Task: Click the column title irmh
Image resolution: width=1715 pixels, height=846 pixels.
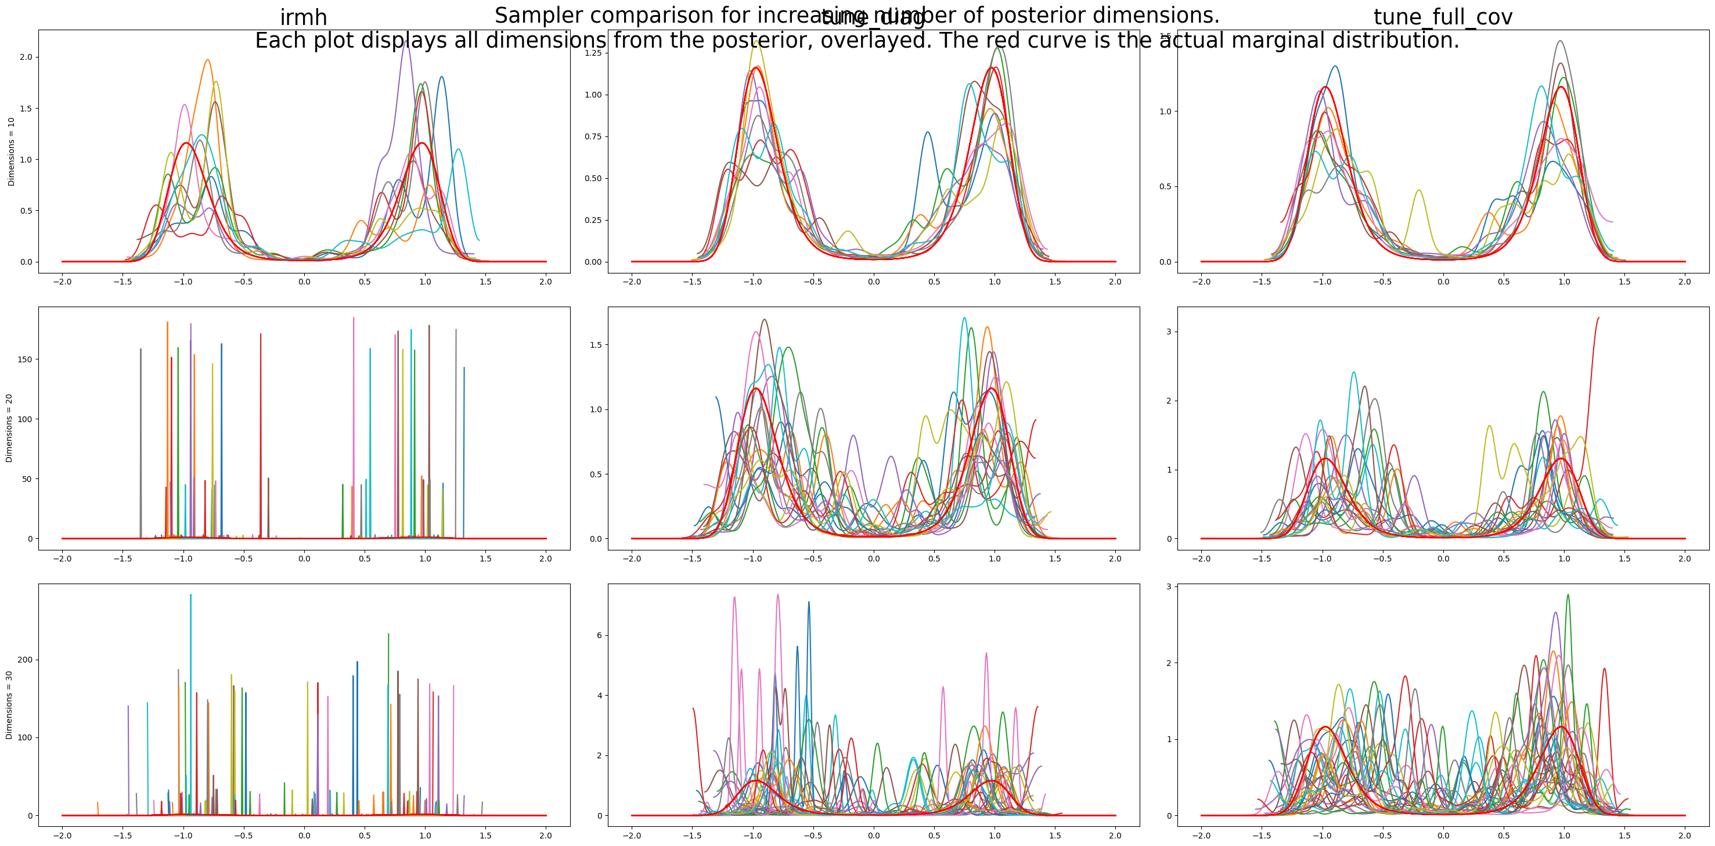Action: pyautogui.click(x=303, y=17)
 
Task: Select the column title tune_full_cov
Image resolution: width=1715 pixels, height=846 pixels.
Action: pyautogui.click(x=1443, y=17)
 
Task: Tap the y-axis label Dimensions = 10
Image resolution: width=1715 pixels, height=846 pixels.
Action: pyautogui.click(x=11, y=152)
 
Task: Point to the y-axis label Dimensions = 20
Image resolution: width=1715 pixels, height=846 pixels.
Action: pyautogui.click(x=9, y=428)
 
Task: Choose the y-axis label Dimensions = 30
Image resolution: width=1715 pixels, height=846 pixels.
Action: pyautogui.click(x=9, y=705)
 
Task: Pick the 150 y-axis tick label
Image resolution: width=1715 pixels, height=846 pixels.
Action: pyautogui.click(x=24, y=359)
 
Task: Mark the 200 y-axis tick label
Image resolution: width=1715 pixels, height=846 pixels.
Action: pyautogui.click(x=24, y=660)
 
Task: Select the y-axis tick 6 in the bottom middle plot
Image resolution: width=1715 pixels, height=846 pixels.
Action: pyautogui.click(x=599, y=636)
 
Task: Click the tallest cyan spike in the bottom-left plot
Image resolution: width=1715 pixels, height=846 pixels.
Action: pyautogui.click(x=190, y=596)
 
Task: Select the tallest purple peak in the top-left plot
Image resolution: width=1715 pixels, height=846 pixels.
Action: pyautogui.click(x=406, y=41)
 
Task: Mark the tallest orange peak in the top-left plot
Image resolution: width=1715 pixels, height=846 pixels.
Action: pyautogui.click(x=208, y=60)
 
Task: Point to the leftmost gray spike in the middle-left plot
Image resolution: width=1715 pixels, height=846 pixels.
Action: pyautogui.click(x=140, y=350)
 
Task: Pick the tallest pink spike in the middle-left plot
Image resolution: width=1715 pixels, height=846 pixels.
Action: pyautogui.click(x=354, y=319)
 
